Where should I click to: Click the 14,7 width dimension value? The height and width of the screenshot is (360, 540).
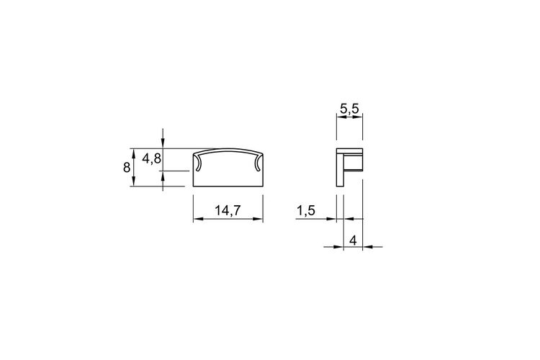tap(228, 210)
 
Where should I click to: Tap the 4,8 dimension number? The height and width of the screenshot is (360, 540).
tap(151, 158)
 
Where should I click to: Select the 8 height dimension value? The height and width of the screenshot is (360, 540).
tap(127, 168)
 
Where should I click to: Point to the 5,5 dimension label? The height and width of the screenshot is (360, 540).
tap(349, 109)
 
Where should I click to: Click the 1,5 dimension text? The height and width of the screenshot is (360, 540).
tap(306, 210)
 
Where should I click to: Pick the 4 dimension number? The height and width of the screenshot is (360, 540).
tap(353, 240)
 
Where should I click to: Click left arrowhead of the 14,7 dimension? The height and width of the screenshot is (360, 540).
tap(198, 219)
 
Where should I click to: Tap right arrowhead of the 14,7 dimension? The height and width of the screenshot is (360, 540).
tap(258, 219)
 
